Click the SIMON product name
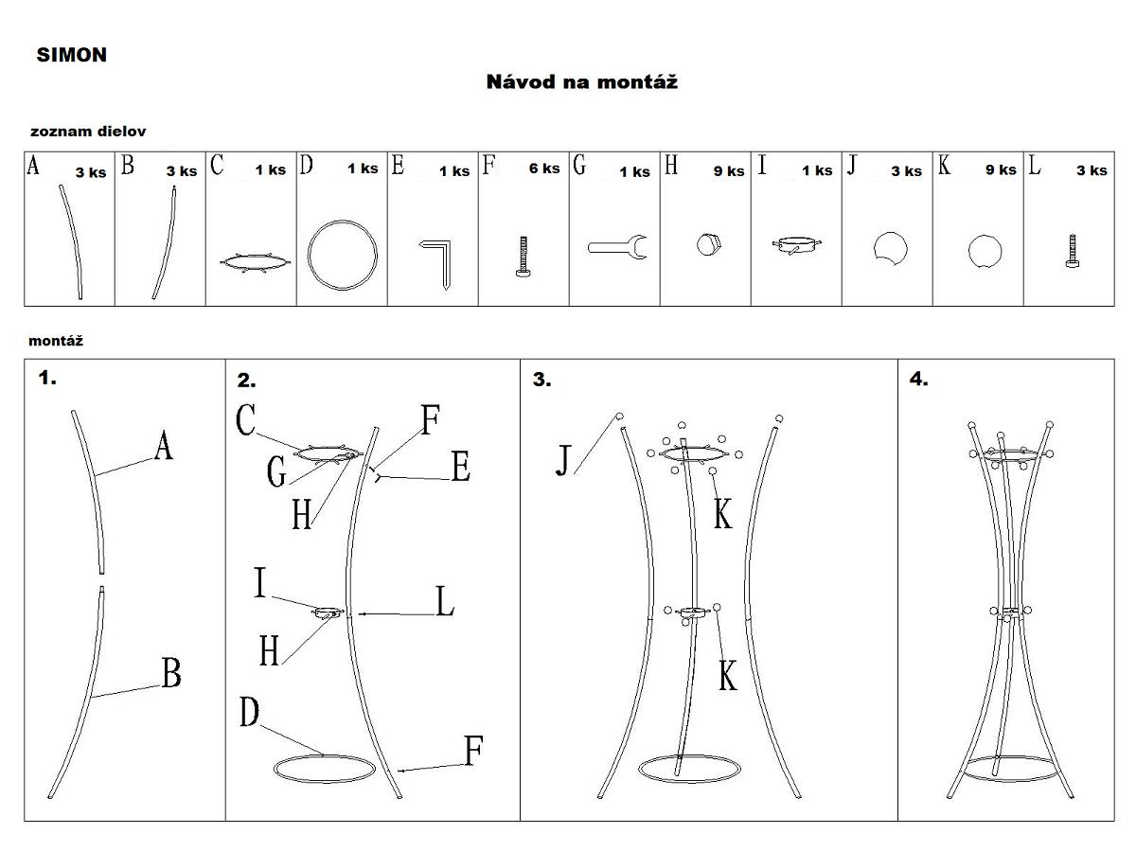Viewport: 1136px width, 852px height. [72, 55]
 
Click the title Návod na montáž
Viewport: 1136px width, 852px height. [581, 81]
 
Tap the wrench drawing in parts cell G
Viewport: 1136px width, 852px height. [616, 248]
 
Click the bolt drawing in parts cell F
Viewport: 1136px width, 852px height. [524, 257]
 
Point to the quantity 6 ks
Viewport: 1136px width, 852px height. [543, 169]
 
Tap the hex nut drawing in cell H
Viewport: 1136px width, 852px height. [706, 245]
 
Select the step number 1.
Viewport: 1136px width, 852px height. [47, 379]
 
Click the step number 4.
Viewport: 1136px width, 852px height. [918, 380]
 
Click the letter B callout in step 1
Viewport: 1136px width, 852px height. [170, 674]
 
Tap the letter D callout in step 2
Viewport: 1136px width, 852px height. [249, 713]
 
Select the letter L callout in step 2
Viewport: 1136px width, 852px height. [444, 601]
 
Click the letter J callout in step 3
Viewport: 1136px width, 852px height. [565, 460]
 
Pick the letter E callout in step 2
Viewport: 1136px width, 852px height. [460, 467]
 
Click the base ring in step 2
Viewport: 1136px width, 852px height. [322, 769]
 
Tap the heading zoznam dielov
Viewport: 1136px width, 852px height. [88, 132]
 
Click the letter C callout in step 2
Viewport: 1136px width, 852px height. [246, 421]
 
